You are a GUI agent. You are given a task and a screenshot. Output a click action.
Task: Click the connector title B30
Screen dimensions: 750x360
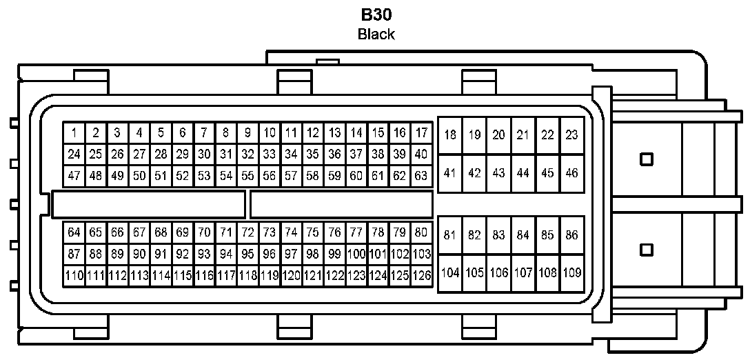click(x=376, y=14)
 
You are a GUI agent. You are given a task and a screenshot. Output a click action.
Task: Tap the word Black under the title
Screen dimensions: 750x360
click(x=376, y=34)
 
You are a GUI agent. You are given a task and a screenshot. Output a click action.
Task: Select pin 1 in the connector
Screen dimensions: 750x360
click(x=74, y=132)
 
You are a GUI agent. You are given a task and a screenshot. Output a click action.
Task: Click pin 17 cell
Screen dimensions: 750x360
click(x=421, y=132)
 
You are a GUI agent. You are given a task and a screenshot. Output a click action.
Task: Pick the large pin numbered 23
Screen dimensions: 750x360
click(x=571, y=135)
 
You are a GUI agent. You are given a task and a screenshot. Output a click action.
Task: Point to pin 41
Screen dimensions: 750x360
click(x=450, y=173)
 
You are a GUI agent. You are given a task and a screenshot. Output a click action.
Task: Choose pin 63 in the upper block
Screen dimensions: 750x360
click(x=421, y=176)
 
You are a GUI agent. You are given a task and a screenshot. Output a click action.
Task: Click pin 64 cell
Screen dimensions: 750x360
click(x=74, y=232)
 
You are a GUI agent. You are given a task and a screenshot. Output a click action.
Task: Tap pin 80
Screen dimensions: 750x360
click(x=421, y=232)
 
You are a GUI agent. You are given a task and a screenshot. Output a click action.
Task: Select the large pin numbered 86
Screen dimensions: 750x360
click(x=571, y=235)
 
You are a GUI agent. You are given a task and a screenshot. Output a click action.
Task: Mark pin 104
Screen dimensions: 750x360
click(x=450, y=272)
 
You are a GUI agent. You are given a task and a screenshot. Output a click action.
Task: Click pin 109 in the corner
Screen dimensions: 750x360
click(x=571, y=272)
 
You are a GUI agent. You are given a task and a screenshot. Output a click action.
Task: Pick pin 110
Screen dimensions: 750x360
click(x=74, y=276)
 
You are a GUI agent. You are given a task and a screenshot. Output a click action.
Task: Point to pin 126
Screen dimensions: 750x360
click(x=421, y=276)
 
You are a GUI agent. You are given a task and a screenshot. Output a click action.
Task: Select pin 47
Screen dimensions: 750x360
click(x=74, y=176)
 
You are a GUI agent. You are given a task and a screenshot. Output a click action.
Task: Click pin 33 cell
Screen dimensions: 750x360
click(x=270, y=154)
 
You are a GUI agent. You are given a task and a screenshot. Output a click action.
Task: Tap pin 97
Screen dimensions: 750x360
click(x=291, y=254)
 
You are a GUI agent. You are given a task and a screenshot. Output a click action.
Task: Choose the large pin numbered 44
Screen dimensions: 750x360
click(x=523, y=173)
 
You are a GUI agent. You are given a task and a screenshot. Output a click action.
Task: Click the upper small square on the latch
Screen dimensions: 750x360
click(x=646, y=159)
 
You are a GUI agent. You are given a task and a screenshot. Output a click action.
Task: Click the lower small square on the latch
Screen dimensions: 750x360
click(x=646, y=249)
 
